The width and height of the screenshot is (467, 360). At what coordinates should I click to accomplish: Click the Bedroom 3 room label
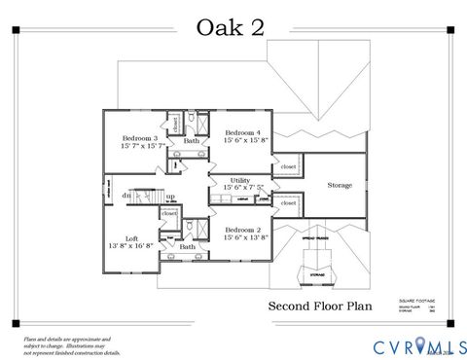(x=141, y=137)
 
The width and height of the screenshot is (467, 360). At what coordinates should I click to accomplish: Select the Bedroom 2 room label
(x=242, y=229)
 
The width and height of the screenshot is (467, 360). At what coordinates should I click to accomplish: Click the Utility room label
(x=240, y=180)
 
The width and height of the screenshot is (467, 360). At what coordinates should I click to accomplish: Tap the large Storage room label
(x=340, y=184)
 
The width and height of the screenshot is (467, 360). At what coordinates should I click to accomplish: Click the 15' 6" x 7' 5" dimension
(x=241, y=188)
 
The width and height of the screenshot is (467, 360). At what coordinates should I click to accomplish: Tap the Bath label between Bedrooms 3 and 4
(x=192, y=142)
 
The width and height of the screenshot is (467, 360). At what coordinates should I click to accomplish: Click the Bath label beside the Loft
(x=187, y=246)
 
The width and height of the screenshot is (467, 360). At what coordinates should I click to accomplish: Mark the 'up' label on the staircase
(x=170, y=196)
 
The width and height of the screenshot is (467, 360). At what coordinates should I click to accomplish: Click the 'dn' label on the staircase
(x=126, y=196)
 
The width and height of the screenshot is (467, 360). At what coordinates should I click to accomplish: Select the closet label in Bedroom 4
(x=288, y=166)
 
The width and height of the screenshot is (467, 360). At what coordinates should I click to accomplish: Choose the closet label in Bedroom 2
(x=288, y=203)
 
